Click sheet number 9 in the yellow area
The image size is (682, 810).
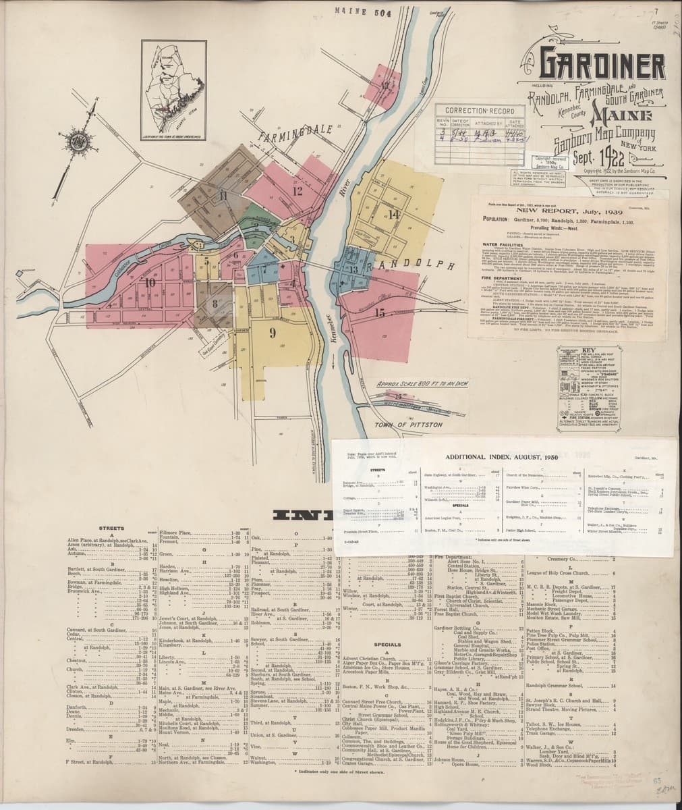pyautogui.click(x=273, y=332)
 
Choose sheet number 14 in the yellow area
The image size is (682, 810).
pyautogui.click(x=394, y=215)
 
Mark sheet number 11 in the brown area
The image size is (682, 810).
pyautogui.click(x=223, y=195)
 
